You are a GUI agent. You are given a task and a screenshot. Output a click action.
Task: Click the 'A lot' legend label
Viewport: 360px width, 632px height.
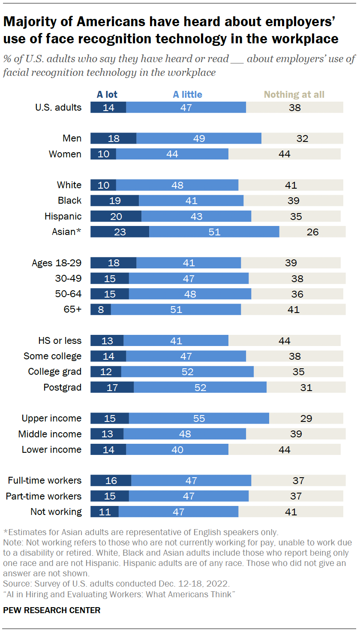pos(107,94)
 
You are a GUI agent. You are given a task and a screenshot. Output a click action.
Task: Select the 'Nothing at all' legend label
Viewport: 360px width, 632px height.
pos(294,94)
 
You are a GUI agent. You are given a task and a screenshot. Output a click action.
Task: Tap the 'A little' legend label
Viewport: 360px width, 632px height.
pos(187,94)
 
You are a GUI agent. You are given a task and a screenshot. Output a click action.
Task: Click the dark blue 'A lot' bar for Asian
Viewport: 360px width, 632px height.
pos(120,232)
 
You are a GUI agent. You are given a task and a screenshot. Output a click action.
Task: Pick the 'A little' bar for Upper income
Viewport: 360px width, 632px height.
pos(199,418)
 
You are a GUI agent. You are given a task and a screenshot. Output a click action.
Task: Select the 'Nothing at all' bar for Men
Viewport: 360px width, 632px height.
pos(302,138)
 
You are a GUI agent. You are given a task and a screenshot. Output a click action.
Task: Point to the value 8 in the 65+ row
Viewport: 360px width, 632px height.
pos(101,309)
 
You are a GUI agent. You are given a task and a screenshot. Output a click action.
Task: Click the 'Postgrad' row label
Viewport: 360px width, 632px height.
pos(62,387)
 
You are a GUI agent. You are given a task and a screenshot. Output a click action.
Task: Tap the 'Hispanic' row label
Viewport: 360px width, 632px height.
pos(63,216)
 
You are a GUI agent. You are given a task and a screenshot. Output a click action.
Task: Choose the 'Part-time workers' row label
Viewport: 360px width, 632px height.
pos(43,496)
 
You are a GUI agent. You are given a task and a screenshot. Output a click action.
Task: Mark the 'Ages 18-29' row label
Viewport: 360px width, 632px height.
pos(57,263)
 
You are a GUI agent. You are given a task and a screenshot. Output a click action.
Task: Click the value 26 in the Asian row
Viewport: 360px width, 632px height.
pos(312,232)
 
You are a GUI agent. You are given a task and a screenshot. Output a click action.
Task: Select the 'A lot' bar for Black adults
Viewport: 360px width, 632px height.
pos(114,201)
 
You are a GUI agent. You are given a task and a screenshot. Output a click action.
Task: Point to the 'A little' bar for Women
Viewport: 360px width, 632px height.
pos(172,154)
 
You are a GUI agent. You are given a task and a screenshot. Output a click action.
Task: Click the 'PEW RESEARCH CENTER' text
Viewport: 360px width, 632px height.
pos(52,610)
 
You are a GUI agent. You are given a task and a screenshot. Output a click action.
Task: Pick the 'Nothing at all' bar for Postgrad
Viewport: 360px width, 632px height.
pos(306,387)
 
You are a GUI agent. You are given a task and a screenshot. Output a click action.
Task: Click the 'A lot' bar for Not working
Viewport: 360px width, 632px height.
pos(104,512)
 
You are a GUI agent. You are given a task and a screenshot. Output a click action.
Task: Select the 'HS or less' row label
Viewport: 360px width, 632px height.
pos(60,340)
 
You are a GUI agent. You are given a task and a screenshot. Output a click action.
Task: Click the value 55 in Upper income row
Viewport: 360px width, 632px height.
pos(199,418)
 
